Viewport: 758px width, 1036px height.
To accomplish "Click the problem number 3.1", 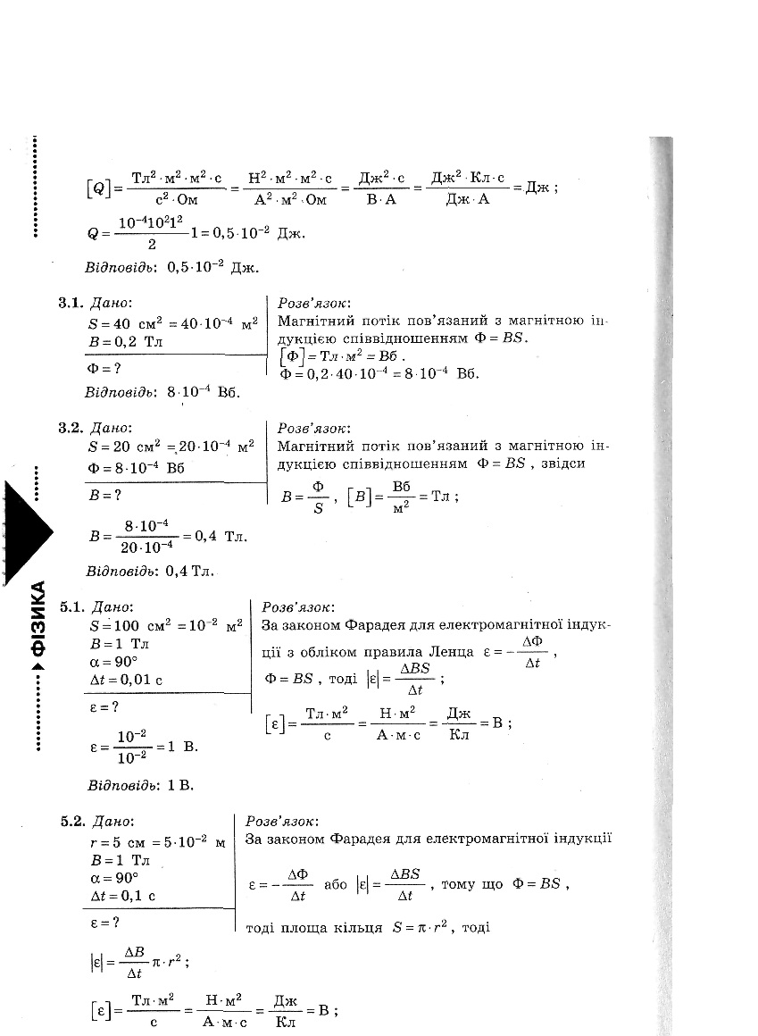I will [72, 304].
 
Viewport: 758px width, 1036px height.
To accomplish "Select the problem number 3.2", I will [72, 428].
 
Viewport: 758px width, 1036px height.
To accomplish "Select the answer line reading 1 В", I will [139, 786].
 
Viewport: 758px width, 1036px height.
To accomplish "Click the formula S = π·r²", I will [424, 927].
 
